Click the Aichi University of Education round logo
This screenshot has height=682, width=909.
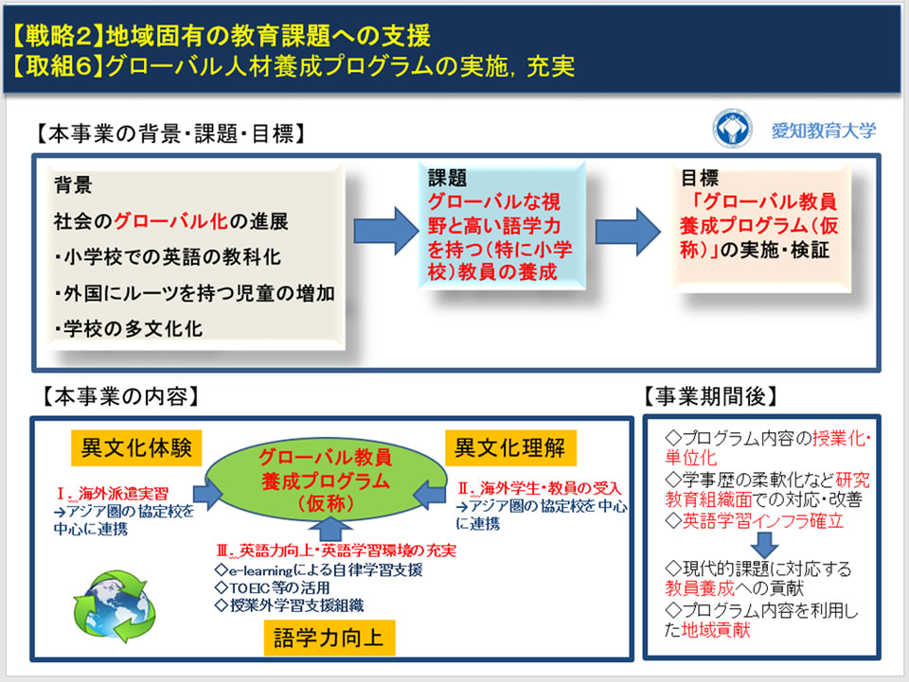click(x=733, y=130)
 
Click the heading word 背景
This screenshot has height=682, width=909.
click(x=73, y=186)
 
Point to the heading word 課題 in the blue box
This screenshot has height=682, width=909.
click(x=447, y=180)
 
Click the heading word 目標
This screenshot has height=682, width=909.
click(x=700, y=179)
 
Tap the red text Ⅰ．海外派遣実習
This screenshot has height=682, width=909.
click(x=113, y=493)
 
